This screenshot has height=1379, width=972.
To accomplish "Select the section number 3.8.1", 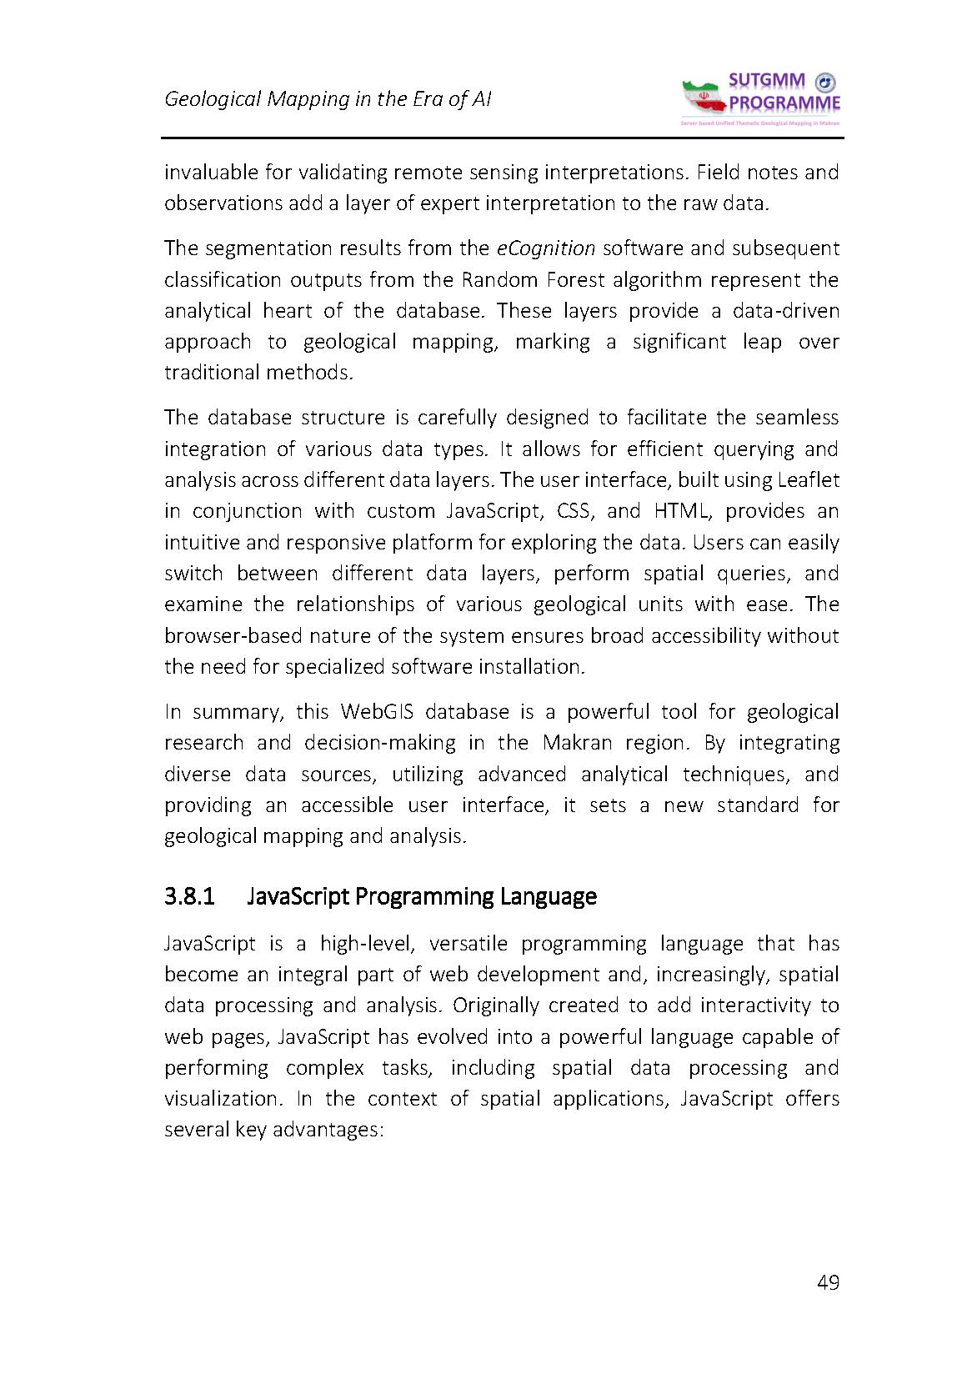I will (190, 896).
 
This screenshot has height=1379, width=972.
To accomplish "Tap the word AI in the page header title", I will (481, 99).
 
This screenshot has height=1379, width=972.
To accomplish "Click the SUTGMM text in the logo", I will (766, 82).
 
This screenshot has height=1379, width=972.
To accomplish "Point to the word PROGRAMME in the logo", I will (784, 103).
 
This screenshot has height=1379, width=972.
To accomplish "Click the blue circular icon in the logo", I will (824, 82).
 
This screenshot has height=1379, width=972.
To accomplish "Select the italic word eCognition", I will (545, 248).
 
